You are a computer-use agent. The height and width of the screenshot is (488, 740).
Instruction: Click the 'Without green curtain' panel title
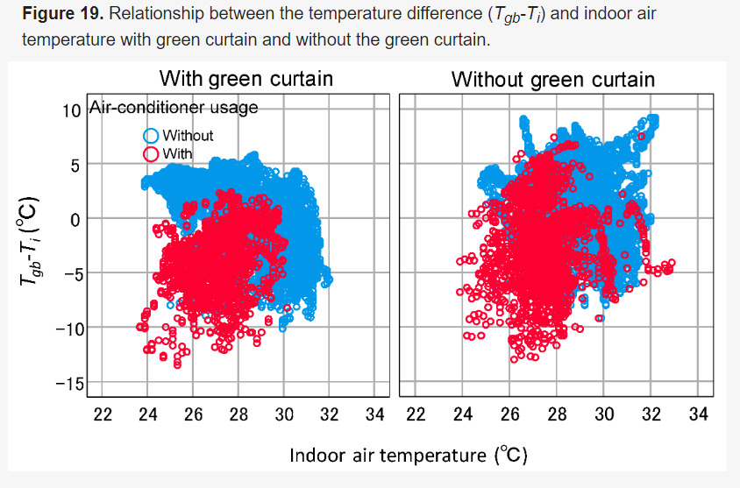point(552,80)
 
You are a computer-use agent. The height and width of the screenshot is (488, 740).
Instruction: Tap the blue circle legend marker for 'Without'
point(151,136)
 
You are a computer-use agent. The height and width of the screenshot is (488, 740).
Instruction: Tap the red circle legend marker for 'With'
point(151,154)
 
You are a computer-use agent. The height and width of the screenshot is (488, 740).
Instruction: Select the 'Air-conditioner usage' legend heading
point(174,108)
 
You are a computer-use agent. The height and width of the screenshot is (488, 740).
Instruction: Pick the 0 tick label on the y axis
point(75,220)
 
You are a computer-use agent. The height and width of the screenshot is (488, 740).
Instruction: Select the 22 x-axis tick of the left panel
point(103,413)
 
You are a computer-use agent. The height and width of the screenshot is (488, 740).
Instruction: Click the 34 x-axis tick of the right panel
point(698,413)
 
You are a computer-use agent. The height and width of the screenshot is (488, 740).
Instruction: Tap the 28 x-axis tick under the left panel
point(238,413)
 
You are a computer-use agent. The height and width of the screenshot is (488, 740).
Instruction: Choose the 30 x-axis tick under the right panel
point(604,413)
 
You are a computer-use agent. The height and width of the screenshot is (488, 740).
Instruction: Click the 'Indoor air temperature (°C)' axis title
point(409,455)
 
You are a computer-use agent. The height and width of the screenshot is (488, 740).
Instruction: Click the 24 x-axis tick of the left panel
point(148,413)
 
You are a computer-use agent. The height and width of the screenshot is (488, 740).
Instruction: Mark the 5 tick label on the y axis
point(75,165)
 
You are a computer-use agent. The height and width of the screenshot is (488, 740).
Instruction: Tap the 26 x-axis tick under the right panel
point(510,413)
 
